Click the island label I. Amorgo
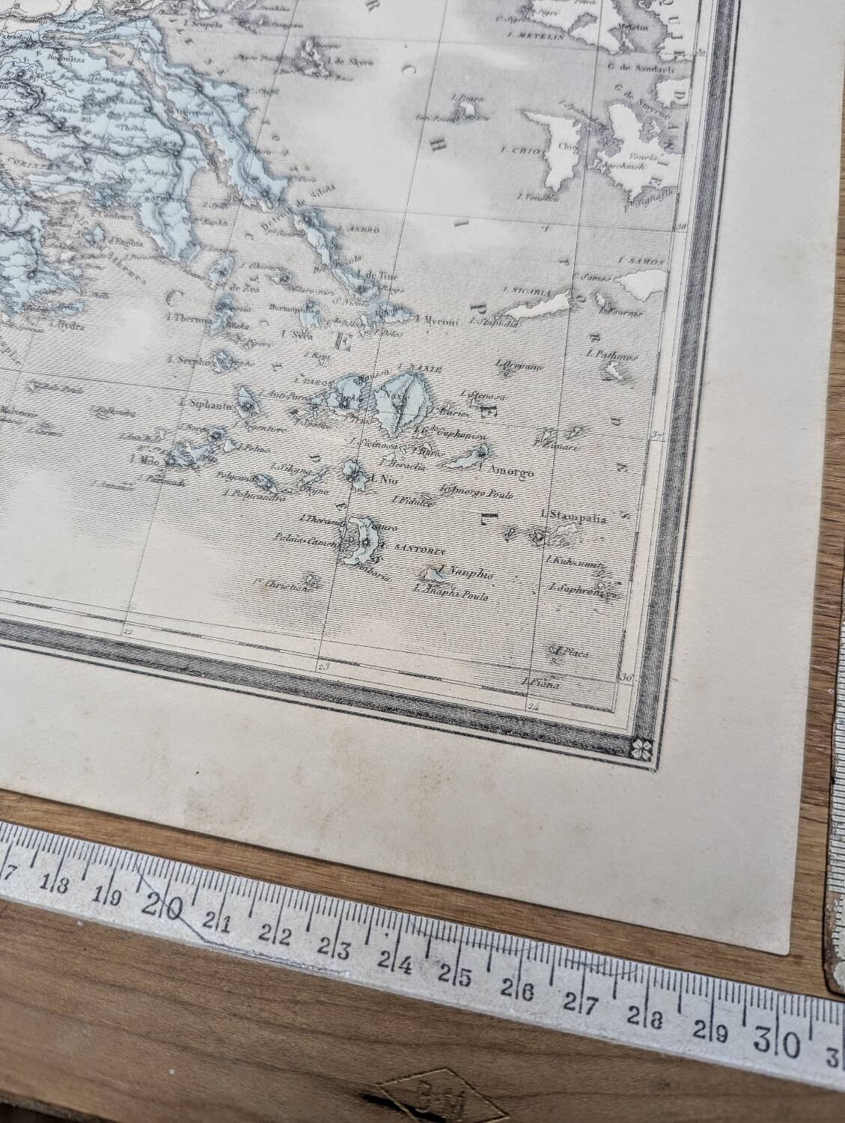pos(509,472)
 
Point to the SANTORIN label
pos(409,548)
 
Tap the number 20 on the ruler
pos(165,907)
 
